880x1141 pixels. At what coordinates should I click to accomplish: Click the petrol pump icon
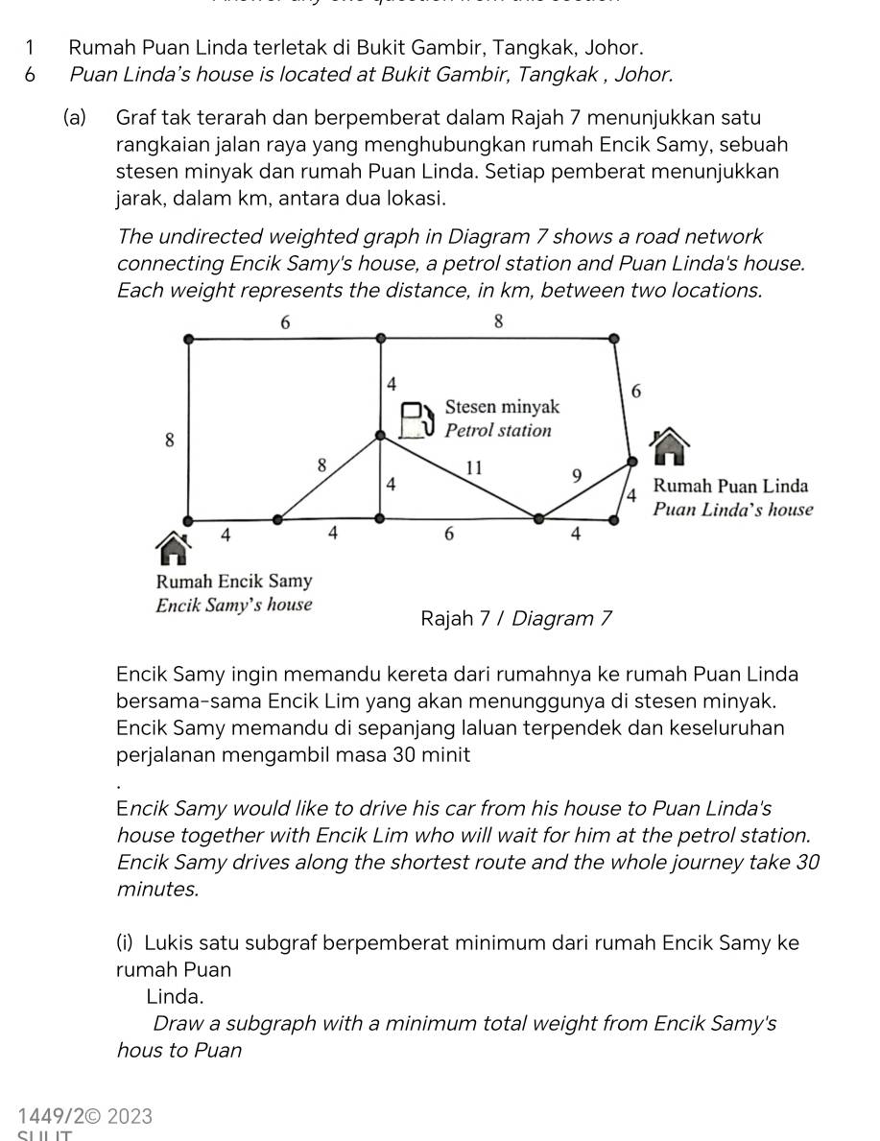pyautogui.click(x=414, y=418)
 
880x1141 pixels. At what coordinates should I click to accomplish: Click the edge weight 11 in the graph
pyautogui.click(x=472, y=468)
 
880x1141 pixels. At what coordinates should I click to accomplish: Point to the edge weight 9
pyautogui.click(x=576, y=476)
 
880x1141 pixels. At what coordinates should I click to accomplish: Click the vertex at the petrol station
pyautogui.click(x=380, y=437)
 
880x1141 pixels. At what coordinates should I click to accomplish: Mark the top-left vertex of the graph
pyautogui.click(x=188, y=338)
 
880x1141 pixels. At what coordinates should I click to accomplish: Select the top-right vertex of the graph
pyautogui.click(x=612, y=338)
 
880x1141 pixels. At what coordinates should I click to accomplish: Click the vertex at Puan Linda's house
pyautogui.click(x=630, y=462)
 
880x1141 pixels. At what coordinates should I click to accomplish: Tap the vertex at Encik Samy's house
pyautogui.click(x=188, y=519)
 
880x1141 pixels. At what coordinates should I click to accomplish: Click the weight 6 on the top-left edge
pyautogui.click(x=284, y=323)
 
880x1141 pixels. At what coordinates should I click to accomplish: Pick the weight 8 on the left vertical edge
pyautogui.click(x=169, y=440)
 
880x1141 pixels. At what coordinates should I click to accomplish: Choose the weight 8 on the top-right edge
pyautogui.click(x=498, y=322)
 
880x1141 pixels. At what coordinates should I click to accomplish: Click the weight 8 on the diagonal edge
pyautogui.click(x=321, y=465)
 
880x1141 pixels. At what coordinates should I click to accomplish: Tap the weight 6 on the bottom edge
pyautogui.click(x=448, y=535)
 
